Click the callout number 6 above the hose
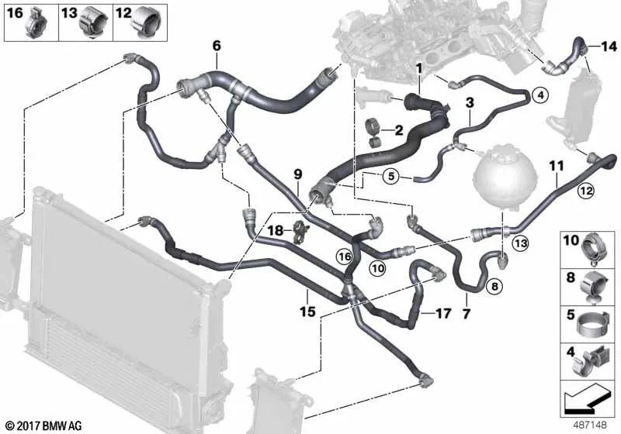click(216, 46)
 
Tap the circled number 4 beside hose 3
click(540, 95)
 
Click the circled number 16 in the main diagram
click(345, 254)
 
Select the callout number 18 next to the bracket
click(276, 230)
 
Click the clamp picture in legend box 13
click(94, 22)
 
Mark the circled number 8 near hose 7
click(494, 287)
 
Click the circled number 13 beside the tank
click(519, 244)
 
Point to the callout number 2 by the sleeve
click(400, 129)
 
